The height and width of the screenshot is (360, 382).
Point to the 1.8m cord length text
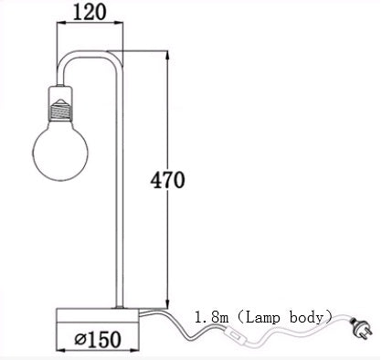[213, 317]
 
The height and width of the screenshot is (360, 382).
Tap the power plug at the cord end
[361, 323]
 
